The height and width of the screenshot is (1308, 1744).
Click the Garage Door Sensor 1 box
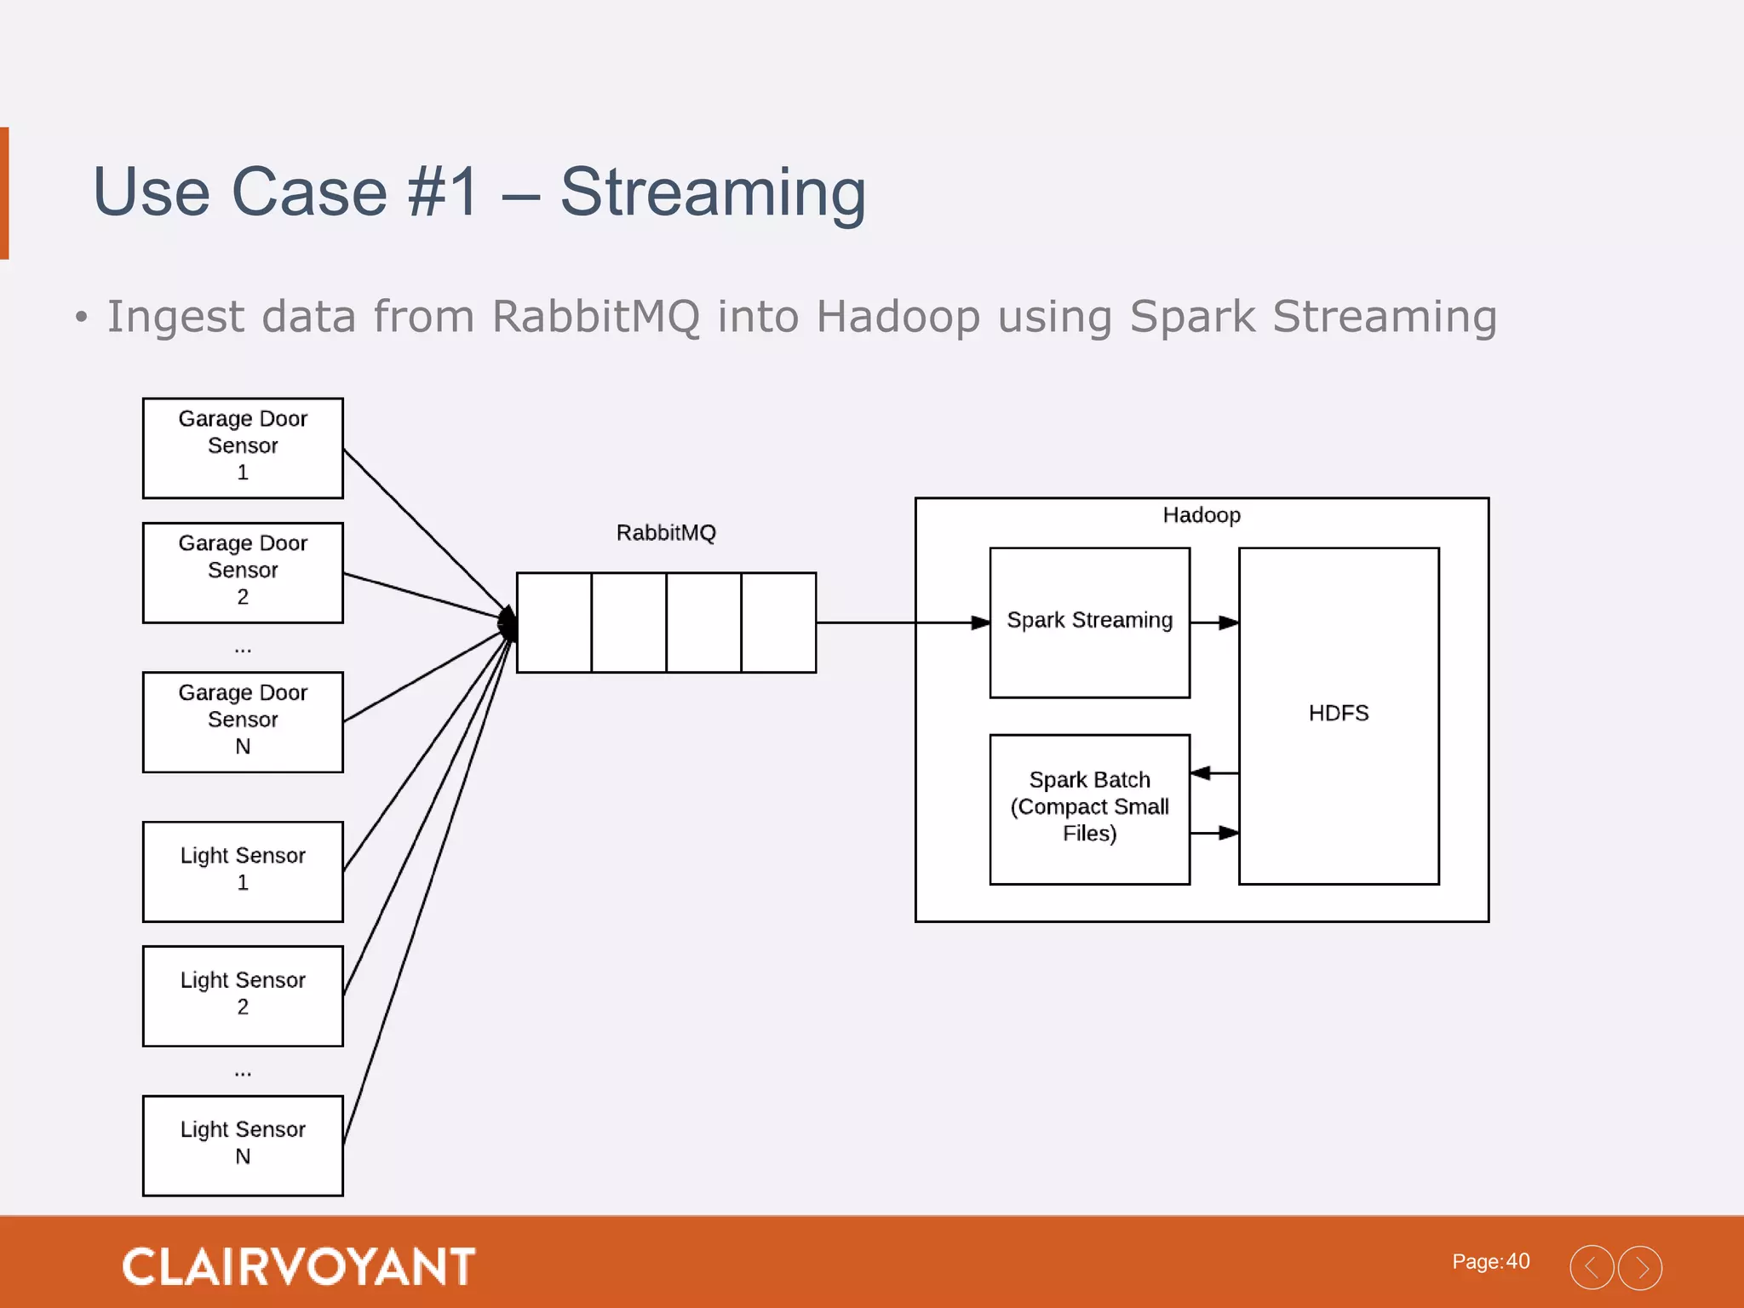click(243, 448)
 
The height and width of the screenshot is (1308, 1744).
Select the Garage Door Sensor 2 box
click(243, 572)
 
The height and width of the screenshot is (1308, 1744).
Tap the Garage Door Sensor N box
click(243, 722)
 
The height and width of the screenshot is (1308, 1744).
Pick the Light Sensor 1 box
click(243, 871)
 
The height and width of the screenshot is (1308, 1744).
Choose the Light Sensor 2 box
click(243, 995)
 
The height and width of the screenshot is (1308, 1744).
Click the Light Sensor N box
click(243, 1145)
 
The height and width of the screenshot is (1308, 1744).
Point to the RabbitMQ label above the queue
click(666, 533)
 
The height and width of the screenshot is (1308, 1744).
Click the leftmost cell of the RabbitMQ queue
click(554, 622)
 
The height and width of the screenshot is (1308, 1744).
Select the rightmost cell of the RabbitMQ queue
click(778, 622)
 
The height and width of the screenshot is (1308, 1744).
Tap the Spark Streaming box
click(1089, 622)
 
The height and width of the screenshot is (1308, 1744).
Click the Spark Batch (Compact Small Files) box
click(1089, 809)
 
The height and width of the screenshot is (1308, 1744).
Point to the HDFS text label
click(1339, 714)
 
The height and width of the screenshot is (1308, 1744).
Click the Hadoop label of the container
click(1202, 515)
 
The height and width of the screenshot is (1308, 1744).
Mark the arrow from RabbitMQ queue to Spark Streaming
click(903, 622)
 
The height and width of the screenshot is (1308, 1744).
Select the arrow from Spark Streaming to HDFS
click(1214, 622)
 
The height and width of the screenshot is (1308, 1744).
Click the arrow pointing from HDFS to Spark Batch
click(1213, 773)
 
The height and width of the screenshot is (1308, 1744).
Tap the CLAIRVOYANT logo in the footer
click(298, 1266)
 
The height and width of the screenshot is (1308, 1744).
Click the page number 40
click(1517, 1261)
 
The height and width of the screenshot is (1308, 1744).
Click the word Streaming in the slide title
click(713, 192)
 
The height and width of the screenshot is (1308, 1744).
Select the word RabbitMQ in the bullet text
click(596, 317)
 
